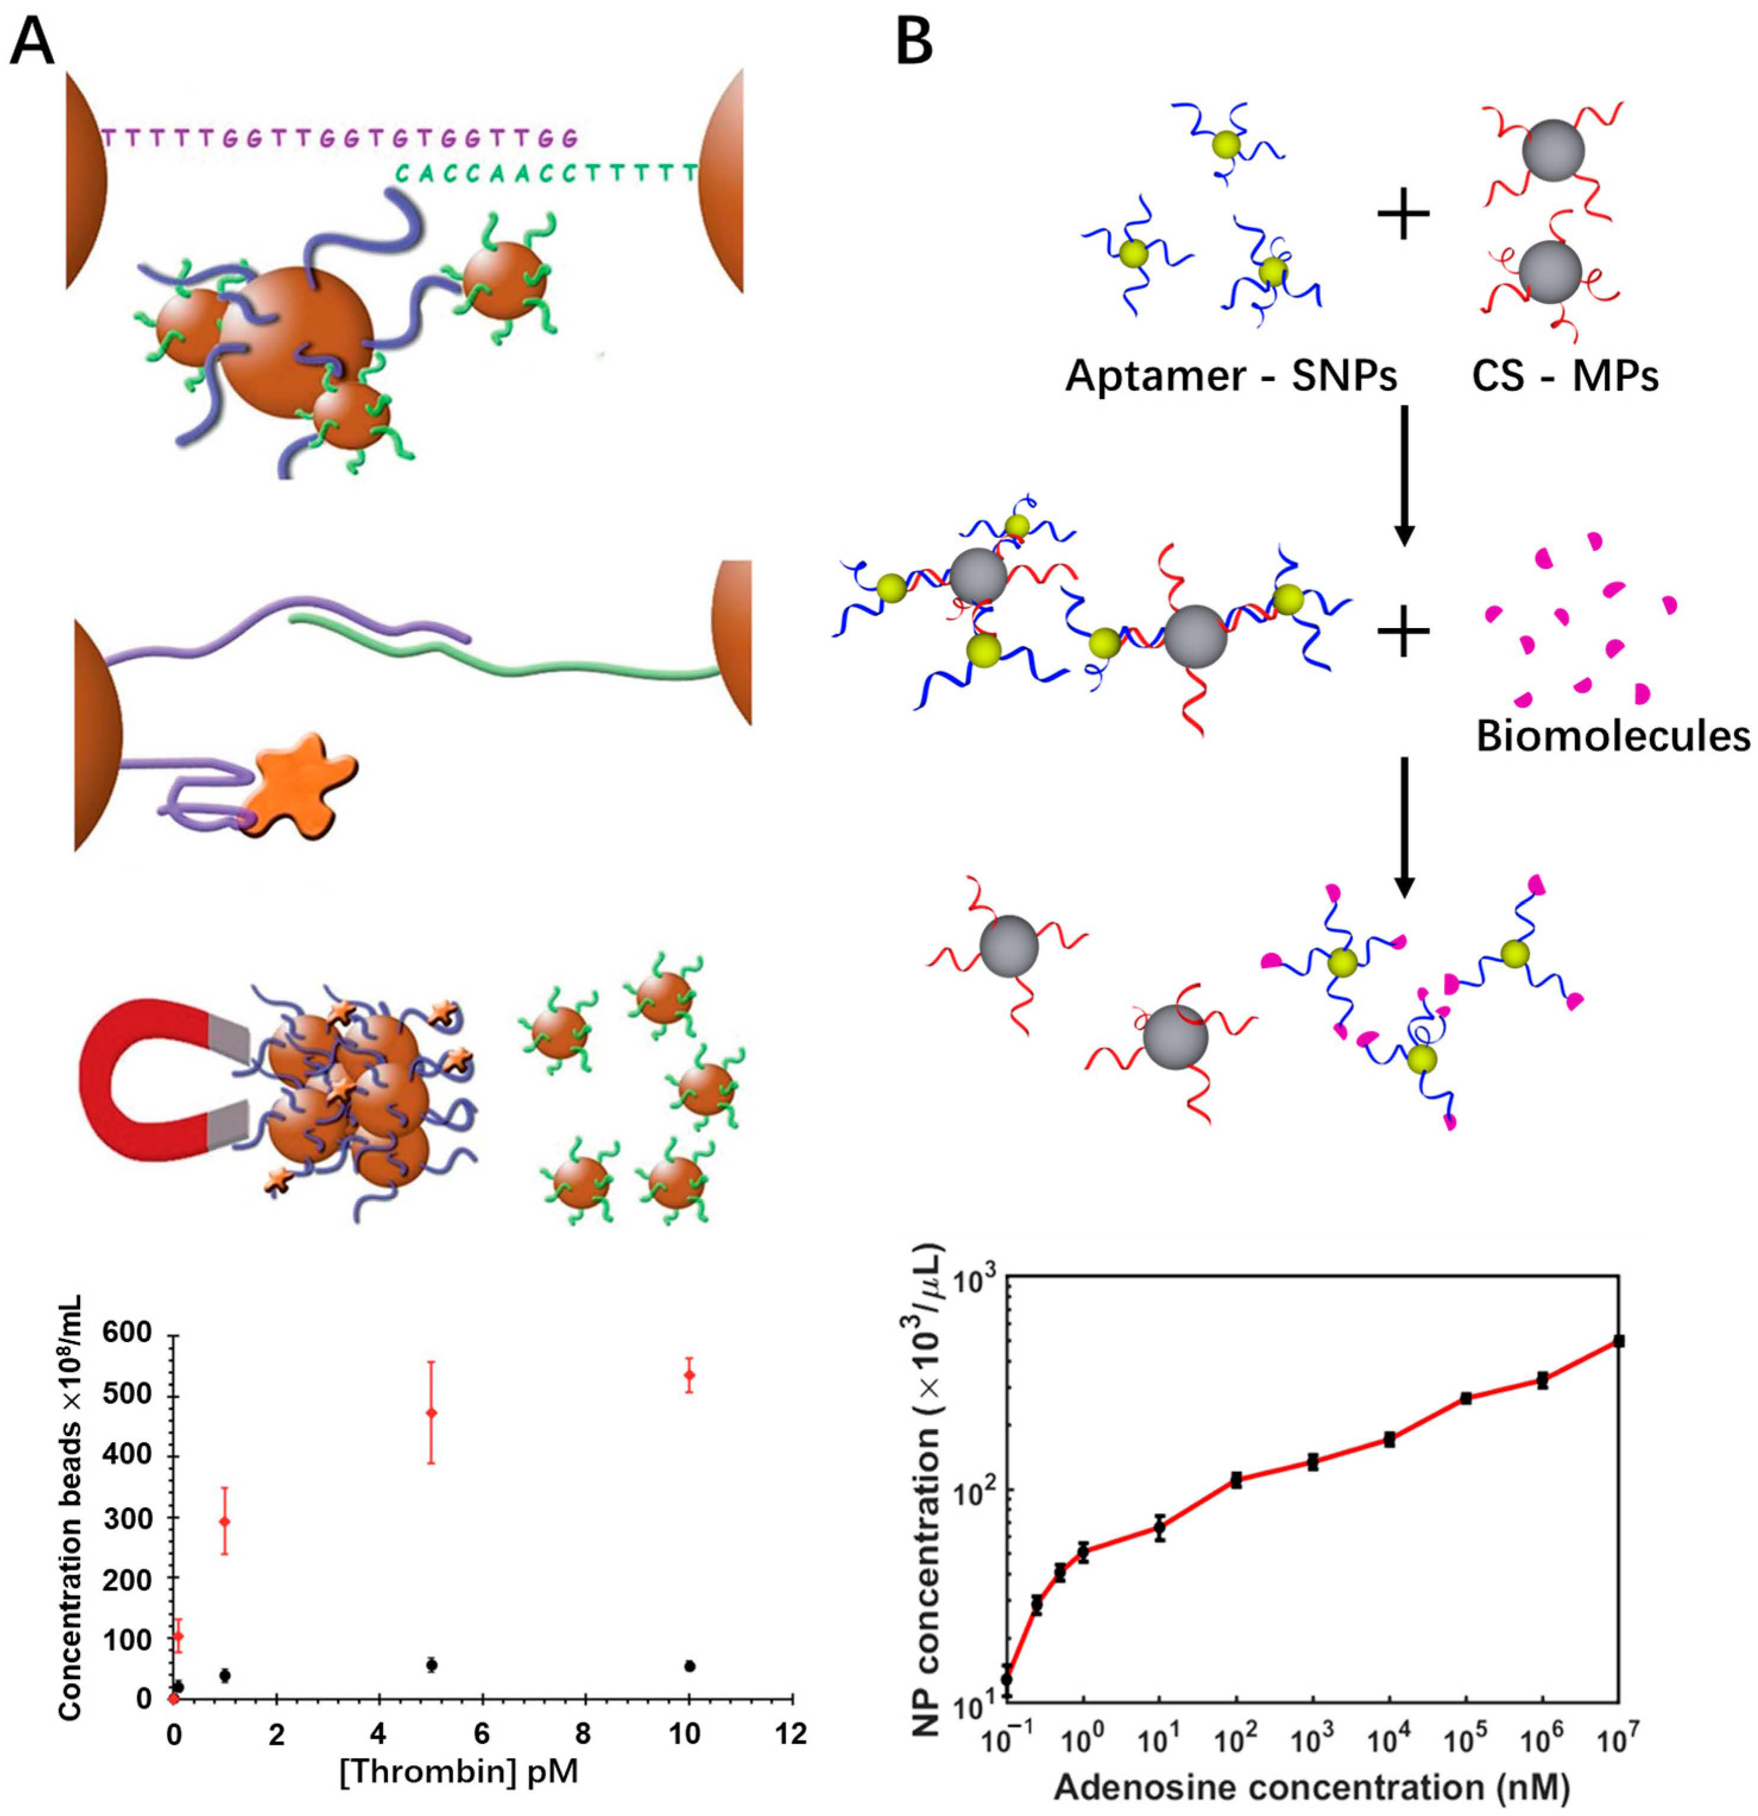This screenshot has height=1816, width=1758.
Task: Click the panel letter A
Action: point(33,39)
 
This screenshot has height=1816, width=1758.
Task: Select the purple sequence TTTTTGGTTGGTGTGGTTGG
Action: point(339,138)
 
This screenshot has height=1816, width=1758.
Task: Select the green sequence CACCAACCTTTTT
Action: point(547,172)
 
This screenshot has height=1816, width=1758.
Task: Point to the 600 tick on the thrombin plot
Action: point(136,1336)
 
